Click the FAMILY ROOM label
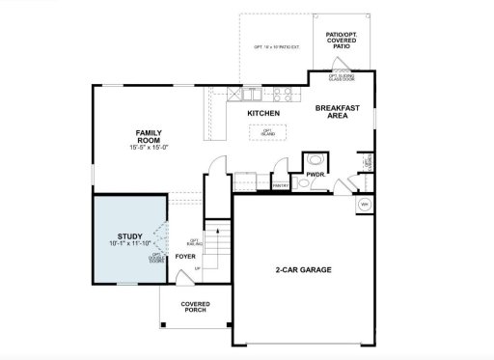point(148,135)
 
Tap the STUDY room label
point(129,236)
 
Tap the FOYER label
point(184,257)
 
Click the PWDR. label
point(315,175)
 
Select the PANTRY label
point(282,182)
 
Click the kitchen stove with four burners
point(285,95)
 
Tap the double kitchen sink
point(249,95)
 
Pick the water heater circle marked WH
point(365,205)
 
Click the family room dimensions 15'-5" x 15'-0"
point(149,148)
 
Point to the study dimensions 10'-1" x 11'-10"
point(129,245)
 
